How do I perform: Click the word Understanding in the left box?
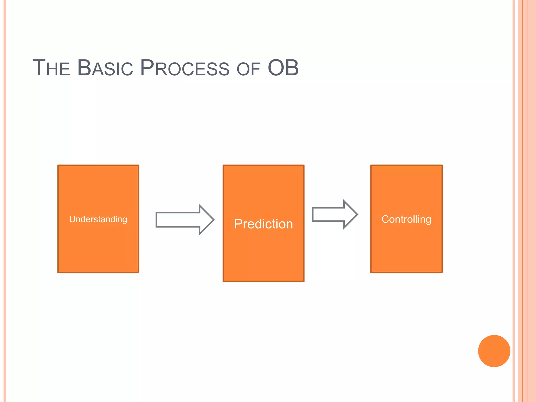pos(98,219)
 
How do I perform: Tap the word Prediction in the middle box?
pos(263,224)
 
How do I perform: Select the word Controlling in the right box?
pos(406,219)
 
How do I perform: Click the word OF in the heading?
pos(248,69)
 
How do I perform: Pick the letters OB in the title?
pos(283,68)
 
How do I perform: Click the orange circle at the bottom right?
pos(494,351)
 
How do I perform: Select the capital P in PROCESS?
pos(147,68)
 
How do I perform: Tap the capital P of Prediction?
pos(238,224)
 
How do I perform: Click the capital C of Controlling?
pos(386,219)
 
